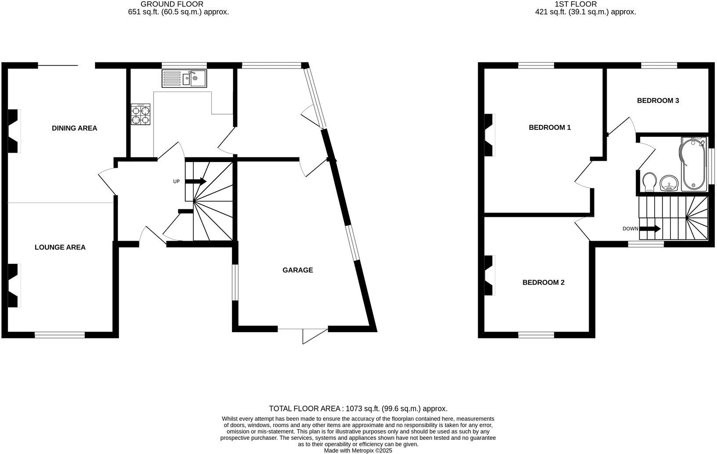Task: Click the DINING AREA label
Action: pos(74,128)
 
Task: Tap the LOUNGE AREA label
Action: pos(60,247)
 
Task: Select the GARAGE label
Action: pos(297,270)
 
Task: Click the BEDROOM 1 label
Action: pos(550,128)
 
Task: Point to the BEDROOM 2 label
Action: pos(543,282)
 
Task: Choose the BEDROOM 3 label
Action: pos(658,101)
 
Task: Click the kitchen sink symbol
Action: pos(185,79)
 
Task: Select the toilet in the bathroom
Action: pos(649,181)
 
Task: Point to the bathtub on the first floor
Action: pos(693,164)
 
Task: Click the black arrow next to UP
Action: pos(196,181)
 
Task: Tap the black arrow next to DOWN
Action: pos(651,229)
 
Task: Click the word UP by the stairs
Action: pos(176,181)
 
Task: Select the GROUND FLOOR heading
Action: pos(172,4)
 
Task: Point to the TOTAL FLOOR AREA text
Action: pos(358,409)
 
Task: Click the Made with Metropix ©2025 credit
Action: pos(358,450)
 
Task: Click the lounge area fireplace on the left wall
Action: pos(14,285)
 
